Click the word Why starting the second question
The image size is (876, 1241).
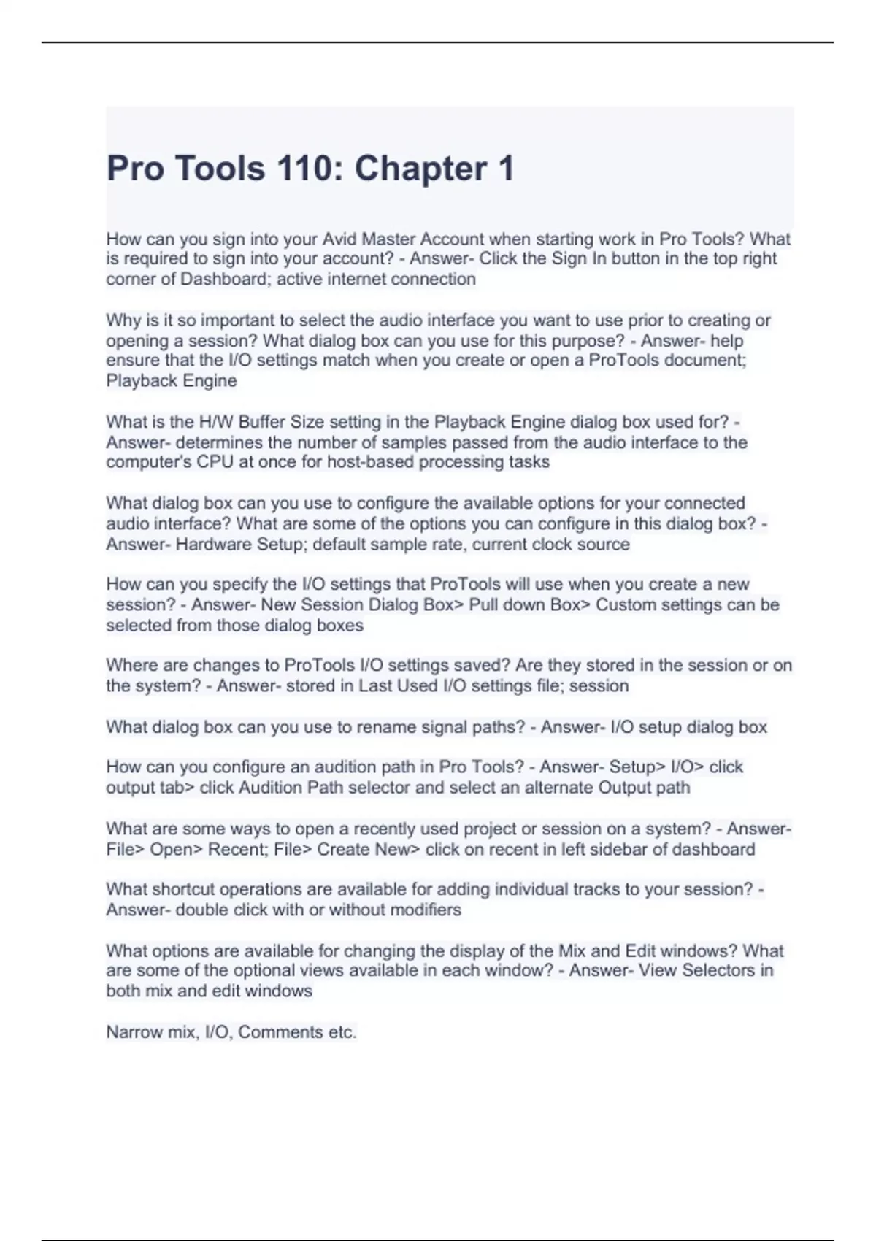pos(121,320)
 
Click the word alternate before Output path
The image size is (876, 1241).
pos(559,788)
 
